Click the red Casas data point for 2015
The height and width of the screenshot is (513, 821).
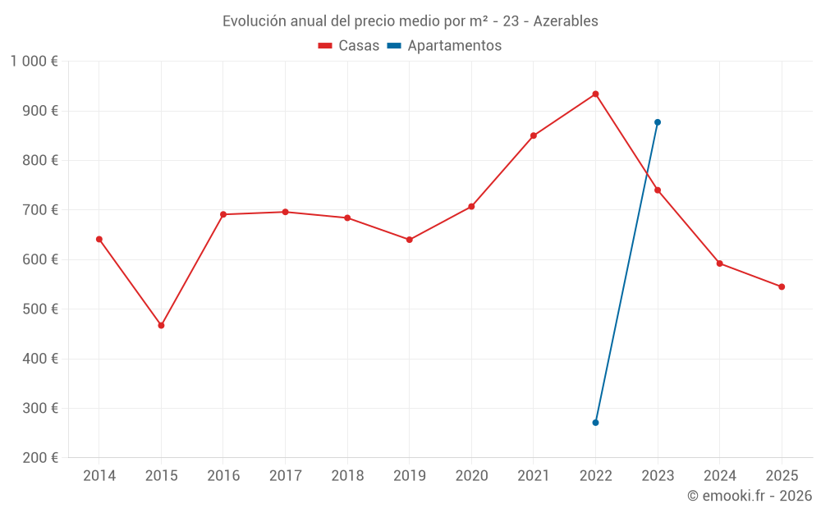[x=161, y=326]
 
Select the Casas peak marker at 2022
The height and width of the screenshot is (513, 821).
[x=595, y=94]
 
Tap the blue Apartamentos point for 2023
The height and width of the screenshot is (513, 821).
[x=658, y=122]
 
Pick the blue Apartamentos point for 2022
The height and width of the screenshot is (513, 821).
[x=595, y=423]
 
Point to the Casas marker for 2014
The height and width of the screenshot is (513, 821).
[x=99, y=239]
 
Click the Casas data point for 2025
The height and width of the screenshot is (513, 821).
[x=782, y=286]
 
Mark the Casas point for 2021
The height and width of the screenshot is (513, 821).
[x=534, y=135]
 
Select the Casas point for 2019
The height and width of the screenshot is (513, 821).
[x=410, y=240]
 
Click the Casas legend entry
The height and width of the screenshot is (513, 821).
[x=349, y=46]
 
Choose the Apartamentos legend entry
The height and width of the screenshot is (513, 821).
[x=444, y=46]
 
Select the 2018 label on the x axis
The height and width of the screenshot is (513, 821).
[x=347, y=476]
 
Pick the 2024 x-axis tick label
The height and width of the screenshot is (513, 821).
[x=719, y=476]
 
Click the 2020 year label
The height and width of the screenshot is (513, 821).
[x=471, y=476]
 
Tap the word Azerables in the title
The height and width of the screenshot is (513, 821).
[x=566, y=21]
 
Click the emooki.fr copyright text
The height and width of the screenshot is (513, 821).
[x=750, y=496]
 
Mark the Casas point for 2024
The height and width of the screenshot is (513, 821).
[x=719, y=263]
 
